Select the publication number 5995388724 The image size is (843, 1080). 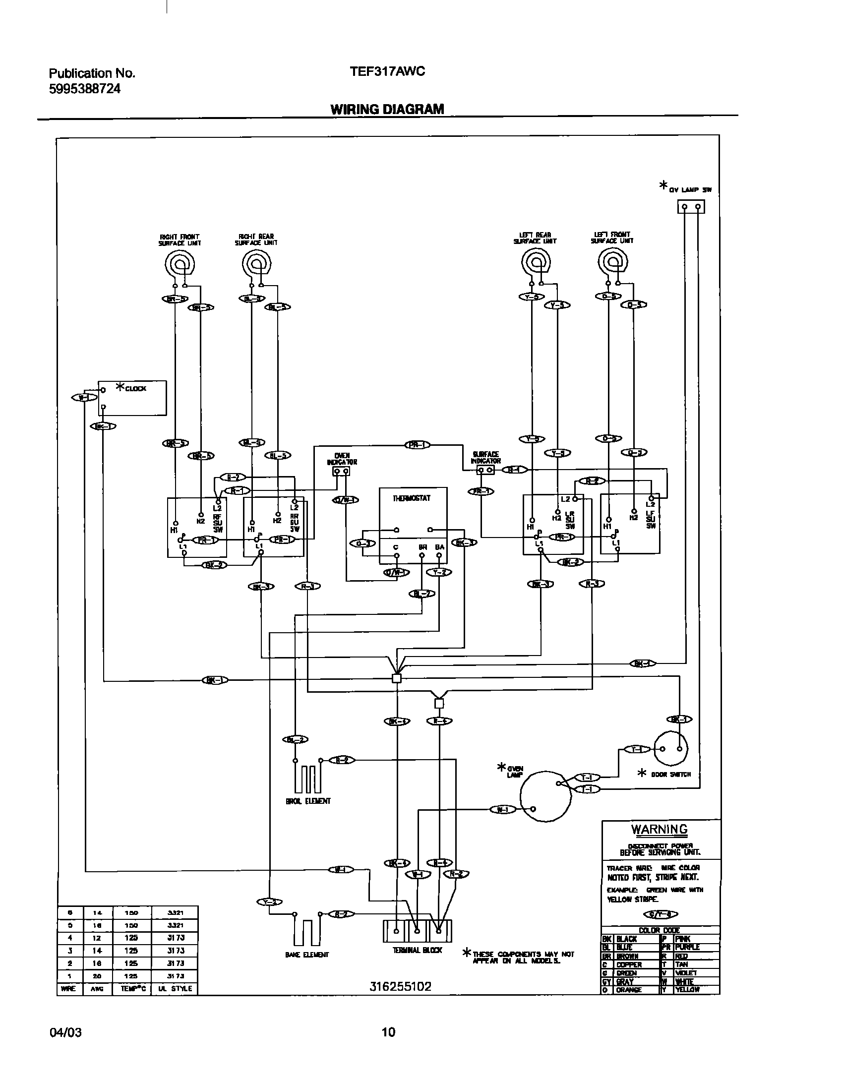pos(85,89)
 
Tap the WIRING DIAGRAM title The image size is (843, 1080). pos(387,109)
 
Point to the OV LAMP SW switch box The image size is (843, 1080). pos(691,207)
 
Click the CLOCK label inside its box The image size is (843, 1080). pos(135,389)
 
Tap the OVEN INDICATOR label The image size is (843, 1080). pos(342,459)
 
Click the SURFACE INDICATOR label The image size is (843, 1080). pos(485,457)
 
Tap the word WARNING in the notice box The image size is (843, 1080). pos(659,830)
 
